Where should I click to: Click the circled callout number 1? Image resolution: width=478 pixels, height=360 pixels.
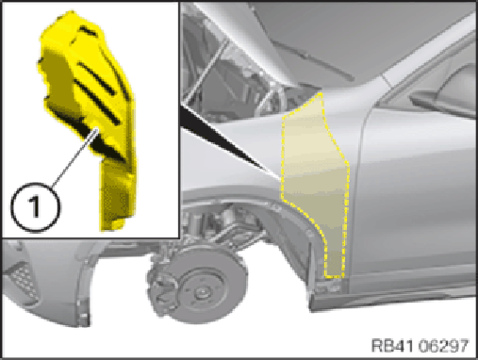(x=35, y=207)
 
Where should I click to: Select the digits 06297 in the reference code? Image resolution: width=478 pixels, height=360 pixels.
(x=444, y=345)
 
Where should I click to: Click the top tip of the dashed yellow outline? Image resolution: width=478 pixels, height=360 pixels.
(x=321, y=93)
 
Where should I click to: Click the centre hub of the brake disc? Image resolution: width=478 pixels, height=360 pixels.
(x=201, y=293)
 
